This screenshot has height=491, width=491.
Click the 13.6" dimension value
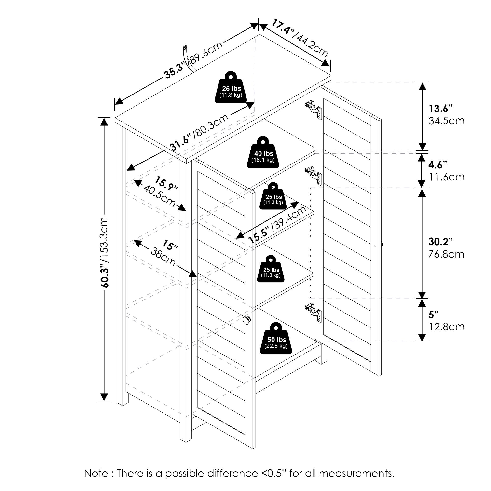tap(441, 109)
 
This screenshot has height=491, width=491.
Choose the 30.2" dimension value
tap(441, 242)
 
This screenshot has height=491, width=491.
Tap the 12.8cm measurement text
tap(447, 327)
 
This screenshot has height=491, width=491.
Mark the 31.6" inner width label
tap(180, 144)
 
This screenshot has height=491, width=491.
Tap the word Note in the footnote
tap(96, 474)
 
